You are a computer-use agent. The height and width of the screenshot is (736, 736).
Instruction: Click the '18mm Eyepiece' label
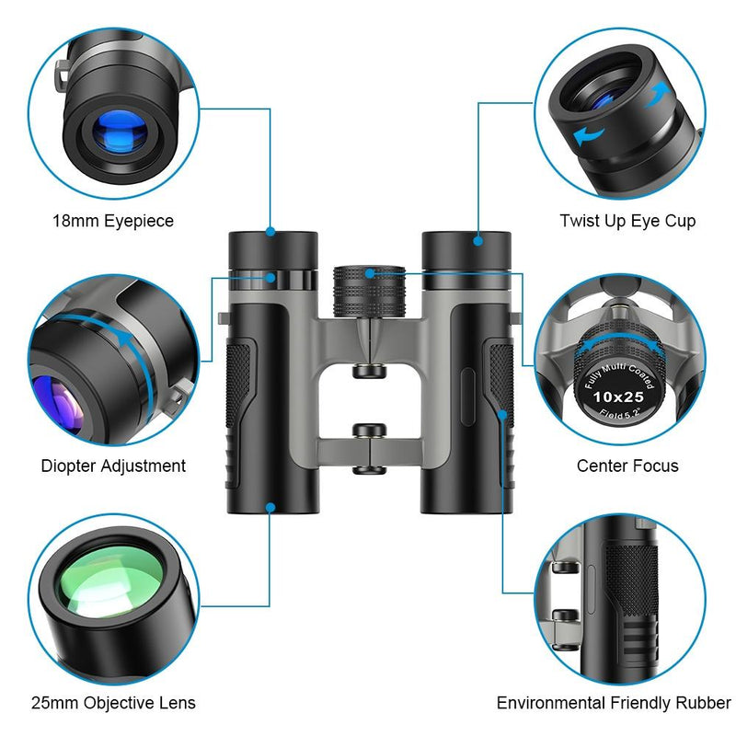[112, 221]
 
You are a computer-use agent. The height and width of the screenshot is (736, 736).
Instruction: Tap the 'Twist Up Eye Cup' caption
[627, 221]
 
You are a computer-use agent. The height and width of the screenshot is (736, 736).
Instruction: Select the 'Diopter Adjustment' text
[113, 466]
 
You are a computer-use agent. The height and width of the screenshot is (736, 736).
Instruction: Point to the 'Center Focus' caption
[627, 466]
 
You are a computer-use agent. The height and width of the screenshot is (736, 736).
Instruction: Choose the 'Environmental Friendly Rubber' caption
[614, 703]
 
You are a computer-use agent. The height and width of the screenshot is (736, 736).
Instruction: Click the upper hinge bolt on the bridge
[369, 370]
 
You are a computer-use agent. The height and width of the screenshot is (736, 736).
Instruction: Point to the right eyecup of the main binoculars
[466, 250]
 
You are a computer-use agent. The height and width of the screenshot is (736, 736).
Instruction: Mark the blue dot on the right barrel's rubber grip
[503, 415]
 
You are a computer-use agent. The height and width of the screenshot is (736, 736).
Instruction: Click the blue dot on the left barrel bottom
[270, 506]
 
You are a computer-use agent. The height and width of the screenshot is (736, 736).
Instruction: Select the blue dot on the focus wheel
[368, 272]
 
